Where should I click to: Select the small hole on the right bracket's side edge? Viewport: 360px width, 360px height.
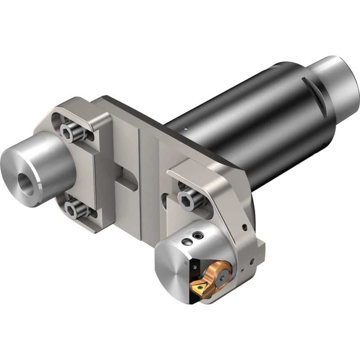pos(244,228)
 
